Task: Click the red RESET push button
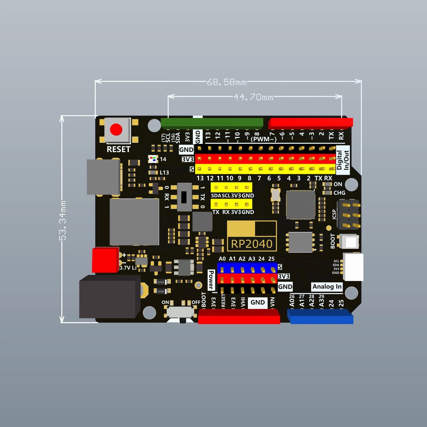[x=116, y=130]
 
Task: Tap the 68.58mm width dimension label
[x=227, y=82]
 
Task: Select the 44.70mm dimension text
[x=253, y=97]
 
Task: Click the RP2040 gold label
[x=252, y=244]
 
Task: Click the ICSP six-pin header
[x=349, y=215]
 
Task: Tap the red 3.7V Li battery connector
[x=105, y=260]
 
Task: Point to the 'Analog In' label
[x=327, y=287]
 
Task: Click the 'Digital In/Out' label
[x=343, y=160]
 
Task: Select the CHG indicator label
[x=339, y=193]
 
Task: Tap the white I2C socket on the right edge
[x=353, y=267]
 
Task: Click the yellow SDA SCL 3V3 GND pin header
[x=231, y=187]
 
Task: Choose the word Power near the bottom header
[x=211, y=280]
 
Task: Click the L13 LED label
[x=164, y=173]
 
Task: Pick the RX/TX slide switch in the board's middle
[x=184, y=197]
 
